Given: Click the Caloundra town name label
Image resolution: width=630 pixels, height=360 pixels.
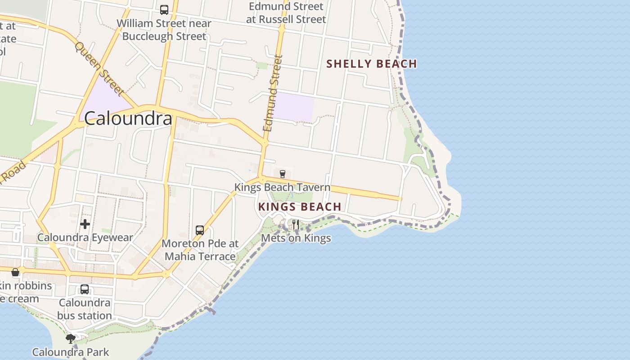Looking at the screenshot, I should (x=128, y=118).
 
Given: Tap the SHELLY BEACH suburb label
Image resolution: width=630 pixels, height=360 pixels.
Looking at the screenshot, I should (x=372, y=64).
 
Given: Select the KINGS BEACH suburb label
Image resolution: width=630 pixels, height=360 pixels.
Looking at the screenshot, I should (x=300, y=207).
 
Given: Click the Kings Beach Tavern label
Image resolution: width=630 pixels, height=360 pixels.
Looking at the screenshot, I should (x=282, y=187).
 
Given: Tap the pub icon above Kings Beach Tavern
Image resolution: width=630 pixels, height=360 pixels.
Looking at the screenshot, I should (x=283, y=174).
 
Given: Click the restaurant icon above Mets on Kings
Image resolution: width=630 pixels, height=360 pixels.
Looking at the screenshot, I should (x=296, y=224).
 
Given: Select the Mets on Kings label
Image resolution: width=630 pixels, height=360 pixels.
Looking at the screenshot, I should (x=296, y=238).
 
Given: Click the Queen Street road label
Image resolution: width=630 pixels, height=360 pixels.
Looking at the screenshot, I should (x=99, y=69).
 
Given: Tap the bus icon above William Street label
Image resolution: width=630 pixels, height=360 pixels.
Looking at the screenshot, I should (x=164, y=9).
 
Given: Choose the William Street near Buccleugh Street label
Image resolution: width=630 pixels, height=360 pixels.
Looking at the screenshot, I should (x=164, y=30).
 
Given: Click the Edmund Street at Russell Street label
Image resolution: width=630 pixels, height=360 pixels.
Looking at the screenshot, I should (x=286, y=13).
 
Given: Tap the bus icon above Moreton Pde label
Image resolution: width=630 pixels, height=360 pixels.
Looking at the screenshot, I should (x=200, y=230).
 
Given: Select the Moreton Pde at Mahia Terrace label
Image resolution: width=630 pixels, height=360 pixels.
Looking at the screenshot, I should (x=200, y=250).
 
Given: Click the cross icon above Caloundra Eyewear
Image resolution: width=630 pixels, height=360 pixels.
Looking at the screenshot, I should (x=85, y=224).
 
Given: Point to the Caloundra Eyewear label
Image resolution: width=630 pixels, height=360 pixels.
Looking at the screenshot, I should (x=85, y=238).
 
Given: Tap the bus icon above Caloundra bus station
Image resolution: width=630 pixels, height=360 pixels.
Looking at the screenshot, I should (x=85, y=289).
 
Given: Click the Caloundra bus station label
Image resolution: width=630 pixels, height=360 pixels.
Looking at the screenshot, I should (x=85, y=309).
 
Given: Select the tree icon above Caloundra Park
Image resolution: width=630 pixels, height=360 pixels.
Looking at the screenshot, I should (x=70, y=338).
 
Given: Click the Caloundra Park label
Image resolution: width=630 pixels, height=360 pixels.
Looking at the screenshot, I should (x=71, y=352).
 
